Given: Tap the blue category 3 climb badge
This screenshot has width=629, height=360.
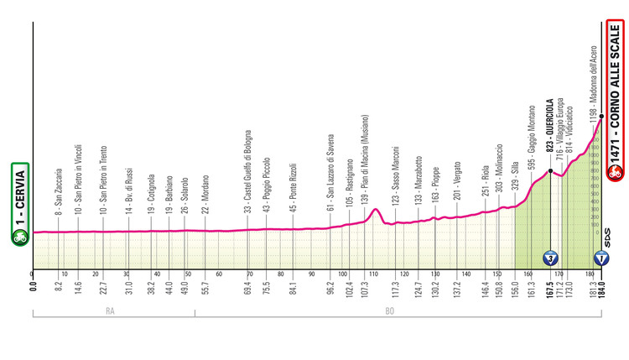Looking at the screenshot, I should pos(549,256).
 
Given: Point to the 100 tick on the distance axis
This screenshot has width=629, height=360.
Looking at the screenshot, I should pos(342,274).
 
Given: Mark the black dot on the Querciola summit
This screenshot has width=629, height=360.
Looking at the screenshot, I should pos(550,171).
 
